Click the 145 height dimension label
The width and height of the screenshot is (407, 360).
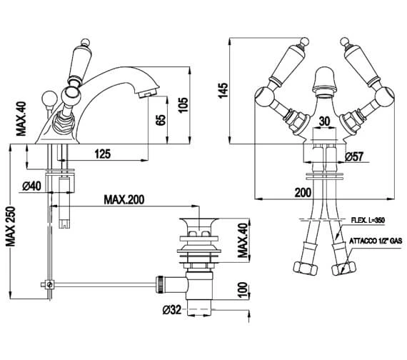[x=223, y=91]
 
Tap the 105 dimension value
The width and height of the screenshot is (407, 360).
[x=183, y=105]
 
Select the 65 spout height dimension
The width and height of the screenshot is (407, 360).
[x=161, y=120]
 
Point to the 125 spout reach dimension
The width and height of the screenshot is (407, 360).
[x=103, y=154]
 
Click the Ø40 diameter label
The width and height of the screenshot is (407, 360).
[x=31, y=186]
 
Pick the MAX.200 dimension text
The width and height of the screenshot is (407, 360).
[x=124, y=200]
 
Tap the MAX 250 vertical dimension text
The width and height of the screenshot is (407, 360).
[x=11, y=226]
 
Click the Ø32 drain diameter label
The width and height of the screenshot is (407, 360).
[x=172, y=309]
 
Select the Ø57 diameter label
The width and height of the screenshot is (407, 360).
[x=355, y=156]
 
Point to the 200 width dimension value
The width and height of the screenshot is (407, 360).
[x=303, y=193]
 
